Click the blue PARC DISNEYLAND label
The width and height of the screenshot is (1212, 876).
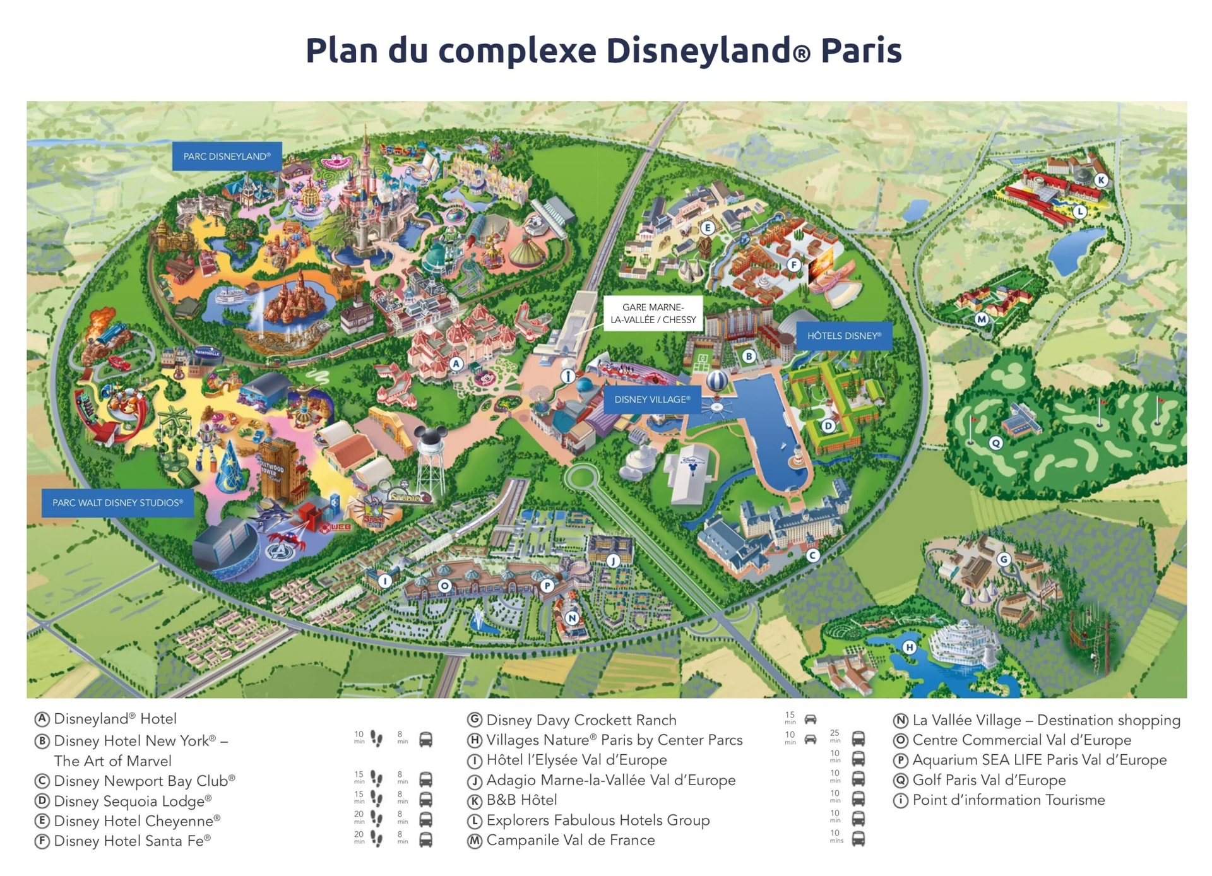click(227, 156)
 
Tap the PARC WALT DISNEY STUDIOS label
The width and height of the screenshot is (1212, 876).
click(117, 502)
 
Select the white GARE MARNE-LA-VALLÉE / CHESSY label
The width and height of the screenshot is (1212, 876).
click(653, 313)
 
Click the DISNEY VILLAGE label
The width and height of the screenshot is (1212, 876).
click(652, 399)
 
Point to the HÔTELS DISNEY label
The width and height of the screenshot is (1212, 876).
click(844, 335)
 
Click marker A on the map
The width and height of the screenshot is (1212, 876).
click(456, 364)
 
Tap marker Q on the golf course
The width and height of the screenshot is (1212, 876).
click(996, 442)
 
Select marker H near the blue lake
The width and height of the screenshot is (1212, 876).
click(909, 647)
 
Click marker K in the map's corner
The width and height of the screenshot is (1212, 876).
click(1101, 180)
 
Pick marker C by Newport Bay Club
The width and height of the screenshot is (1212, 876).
click(813, 555)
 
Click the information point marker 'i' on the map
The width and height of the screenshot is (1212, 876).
click(567, 377)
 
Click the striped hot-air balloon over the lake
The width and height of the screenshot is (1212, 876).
click(716, 381)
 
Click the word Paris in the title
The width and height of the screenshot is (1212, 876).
click(861, 50)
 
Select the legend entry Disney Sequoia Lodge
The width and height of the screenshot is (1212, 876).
click(132, 800)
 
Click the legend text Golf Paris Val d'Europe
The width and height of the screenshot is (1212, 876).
click(989, 780)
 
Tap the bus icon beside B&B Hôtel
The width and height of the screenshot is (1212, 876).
click(858, 799)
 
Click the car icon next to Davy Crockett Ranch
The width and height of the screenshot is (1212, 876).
click(811, 719)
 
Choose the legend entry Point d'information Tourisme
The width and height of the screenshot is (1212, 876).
click(1008, 800)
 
